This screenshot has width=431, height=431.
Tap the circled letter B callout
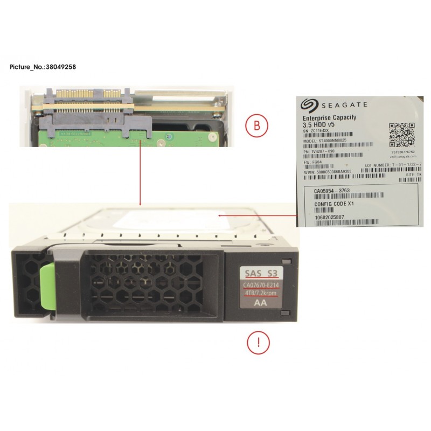pyautogui.click(x=257, y=126)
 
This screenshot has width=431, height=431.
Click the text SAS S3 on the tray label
pyautogui.click(x=260, y=273)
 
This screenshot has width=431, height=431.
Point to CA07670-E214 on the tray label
pyautogui.click(x=260, y=284)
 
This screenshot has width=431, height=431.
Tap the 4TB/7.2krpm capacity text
pyautogui.click(x=260, y=293)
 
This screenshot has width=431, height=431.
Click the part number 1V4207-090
pyautogui.click(x=320, y=151)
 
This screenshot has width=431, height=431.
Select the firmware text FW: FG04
pyautogui.click(x=313, y=161)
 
